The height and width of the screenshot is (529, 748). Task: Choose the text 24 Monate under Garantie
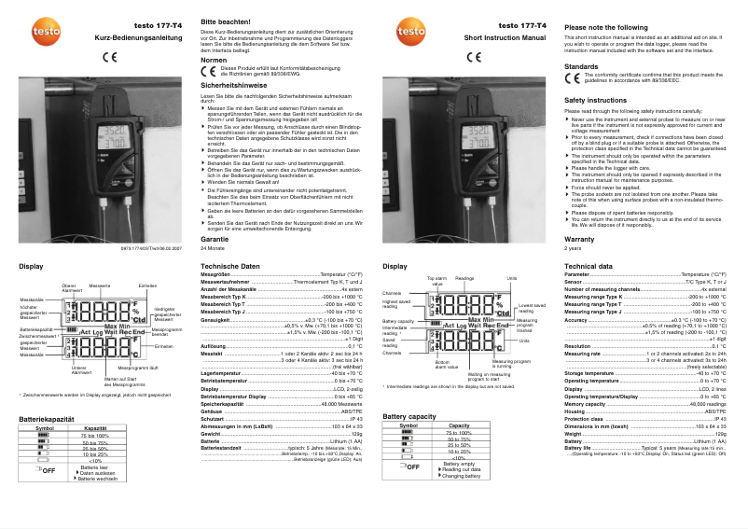213,249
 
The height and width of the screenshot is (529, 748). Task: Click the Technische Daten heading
230,267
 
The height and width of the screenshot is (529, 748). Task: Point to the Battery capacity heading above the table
409,416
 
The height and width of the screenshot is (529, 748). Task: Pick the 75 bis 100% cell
94,436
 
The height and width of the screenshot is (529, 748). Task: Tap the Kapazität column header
94,428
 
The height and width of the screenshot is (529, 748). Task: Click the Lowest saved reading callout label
532,309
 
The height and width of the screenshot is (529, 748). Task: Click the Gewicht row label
211,434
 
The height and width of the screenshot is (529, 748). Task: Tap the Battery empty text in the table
459,464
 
